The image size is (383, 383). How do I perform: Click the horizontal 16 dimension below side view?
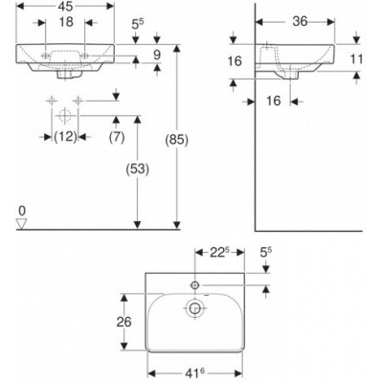click(273, 99)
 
